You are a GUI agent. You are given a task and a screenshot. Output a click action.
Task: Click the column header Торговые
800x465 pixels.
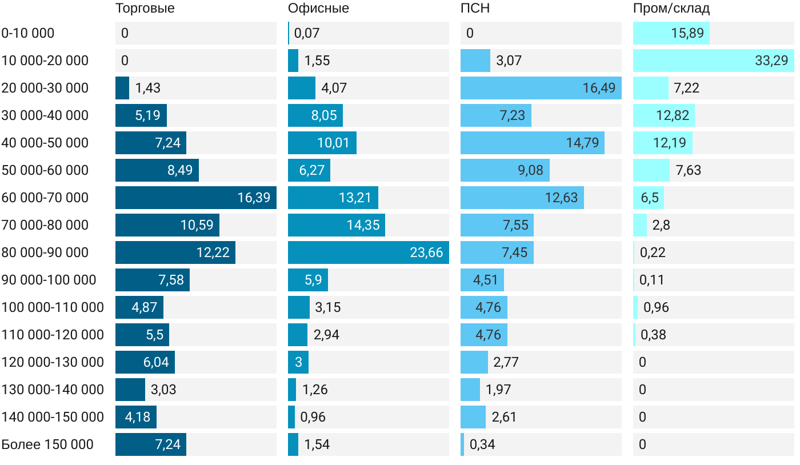(x=145, y=9)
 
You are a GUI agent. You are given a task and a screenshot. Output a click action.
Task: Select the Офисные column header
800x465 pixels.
(x=318, y=9)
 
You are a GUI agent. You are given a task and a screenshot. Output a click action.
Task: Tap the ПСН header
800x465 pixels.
(x=475, y=9)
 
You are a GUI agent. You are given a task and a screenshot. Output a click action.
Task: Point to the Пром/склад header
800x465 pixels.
(x=671, y=9)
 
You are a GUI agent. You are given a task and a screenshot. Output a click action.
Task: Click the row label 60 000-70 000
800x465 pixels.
(x=45, y=198)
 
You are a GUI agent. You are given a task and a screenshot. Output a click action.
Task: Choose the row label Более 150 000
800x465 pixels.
(x=47, y=444)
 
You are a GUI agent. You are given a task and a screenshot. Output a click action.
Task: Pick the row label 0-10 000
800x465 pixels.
(x=28, y=33)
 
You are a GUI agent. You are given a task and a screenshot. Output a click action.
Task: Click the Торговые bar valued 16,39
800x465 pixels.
(x=195, y=198)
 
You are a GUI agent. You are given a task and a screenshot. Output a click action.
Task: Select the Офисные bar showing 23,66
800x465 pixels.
(x=368, y=252)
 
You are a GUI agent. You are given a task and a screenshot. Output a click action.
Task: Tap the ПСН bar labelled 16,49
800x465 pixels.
(x=541, y=88)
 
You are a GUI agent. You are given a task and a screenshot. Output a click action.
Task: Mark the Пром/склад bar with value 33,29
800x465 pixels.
(x=713, y=61)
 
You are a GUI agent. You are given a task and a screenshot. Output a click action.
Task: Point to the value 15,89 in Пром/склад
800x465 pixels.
(x=687, y=33)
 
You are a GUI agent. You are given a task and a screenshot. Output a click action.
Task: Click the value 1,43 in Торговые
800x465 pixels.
(x=148, y=88)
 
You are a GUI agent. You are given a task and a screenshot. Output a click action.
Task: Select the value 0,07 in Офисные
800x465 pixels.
(x=307, y=33)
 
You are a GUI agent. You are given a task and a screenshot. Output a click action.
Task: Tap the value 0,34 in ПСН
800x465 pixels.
(x=482, y=444)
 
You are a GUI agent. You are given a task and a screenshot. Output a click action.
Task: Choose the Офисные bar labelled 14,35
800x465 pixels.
(x=336, y=225)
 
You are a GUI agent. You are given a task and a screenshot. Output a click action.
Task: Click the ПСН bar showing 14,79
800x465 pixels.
(x=532, y=143)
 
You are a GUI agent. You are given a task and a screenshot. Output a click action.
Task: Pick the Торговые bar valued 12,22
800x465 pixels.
(x=175, y=252)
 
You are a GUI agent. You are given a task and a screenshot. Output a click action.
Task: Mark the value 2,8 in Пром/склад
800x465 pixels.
(x=661, y=225)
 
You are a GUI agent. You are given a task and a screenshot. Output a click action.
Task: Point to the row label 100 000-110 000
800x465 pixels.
(x=53, y=307)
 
